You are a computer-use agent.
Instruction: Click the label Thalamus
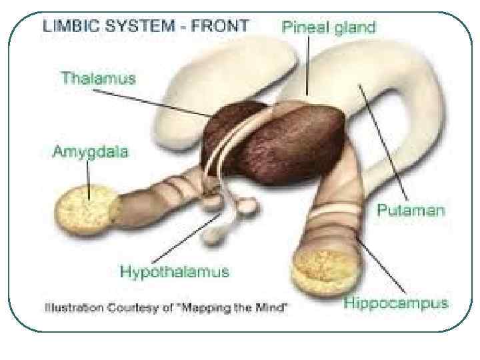point(98,79)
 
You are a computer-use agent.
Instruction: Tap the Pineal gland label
point(329,28)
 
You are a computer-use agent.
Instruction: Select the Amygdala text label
point(92,151)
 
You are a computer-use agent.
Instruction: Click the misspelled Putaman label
point(411,211)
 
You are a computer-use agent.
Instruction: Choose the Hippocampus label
point(395,303)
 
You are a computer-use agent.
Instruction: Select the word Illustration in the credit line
point(70,308)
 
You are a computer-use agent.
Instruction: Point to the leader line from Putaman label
point(383,140)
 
